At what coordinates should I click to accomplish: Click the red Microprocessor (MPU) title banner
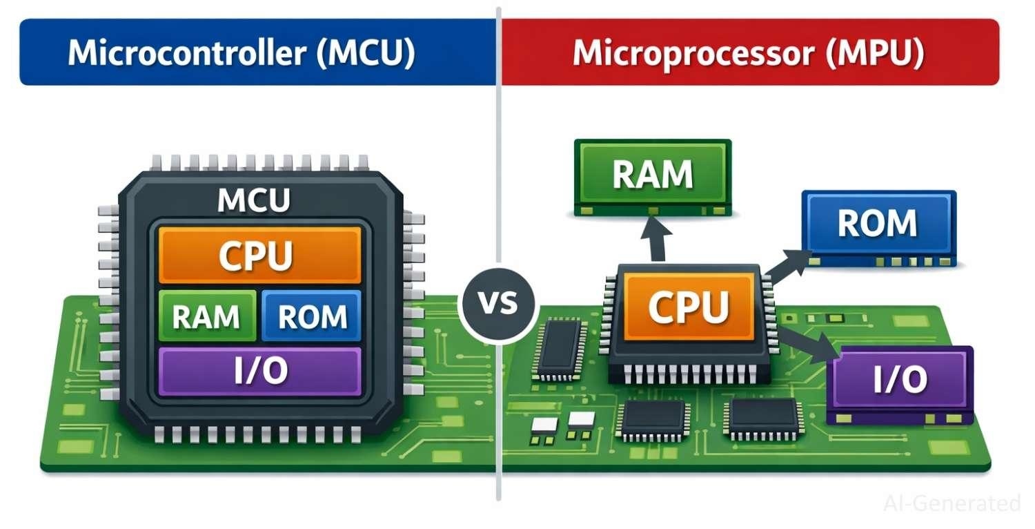pyautogui.click(x=749, y=52)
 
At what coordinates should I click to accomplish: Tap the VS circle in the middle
pyautogui.click(x=498, y=303)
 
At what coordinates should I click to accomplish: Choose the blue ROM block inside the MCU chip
pyautogui.click(x=312, y=316)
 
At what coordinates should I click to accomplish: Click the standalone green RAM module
pyautogui.click(x=653, y=176)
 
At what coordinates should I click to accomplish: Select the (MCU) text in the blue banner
pyautogui.click(x=365, y=52)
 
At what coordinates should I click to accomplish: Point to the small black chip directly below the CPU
pyautogui.click(x=652, y=419)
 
